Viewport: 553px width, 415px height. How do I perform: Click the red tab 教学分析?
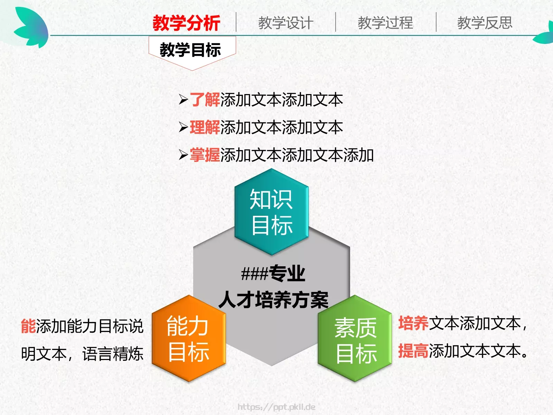pos(186,24)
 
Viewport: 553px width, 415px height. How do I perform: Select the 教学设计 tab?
pos(285,24)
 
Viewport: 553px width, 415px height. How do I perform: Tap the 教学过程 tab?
pos(385,24)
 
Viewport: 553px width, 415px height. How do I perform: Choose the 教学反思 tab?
pos(485,24)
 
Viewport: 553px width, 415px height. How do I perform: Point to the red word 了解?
pos(205,100)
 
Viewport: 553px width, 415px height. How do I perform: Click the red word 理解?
pos(205,128)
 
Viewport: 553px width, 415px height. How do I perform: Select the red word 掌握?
pos(205,155)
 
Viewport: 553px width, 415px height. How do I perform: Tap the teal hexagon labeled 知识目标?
pos(271,212)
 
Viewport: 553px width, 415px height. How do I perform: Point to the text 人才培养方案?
pos(273,300)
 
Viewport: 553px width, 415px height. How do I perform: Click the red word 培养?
pos(413,324)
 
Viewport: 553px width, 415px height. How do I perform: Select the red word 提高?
pos(413,351)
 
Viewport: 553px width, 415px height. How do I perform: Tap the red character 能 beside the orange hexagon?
pos(28,326)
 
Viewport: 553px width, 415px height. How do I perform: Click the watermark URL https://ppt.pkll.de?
pos(276,407)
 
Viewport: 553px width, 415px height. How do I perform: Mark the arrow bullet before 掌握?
pos(183,155)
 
